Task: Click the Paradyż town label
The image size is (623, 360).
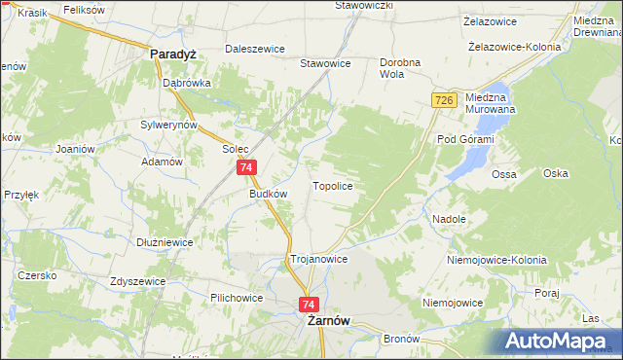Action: [174, 55]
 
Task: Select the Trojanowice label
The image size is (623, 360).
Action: [319, 260]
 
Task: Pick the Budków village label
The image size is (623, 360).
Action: [269, 194]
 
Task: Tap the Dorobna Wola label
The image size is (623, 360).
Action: [400, 67]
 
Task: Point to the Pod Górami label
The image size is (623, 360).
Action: [465, 140]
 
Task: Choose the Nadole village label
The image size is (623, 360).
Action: [449, 220]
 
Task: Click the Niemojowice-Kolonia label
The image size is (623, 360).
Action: [495, 262]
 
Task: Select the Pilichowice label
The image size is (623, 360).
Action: [238, 297]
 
